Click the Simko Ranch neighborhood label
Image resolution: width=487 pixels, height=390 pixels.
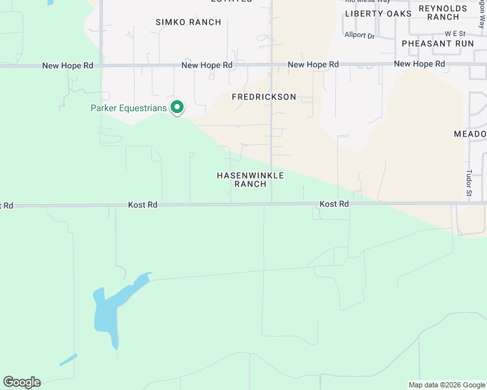pos(188,22)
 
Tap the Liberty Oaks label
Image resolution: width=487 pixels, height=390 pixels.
pos(378,14)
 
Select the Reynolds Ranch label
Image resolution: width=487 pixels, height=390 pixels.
pos(443,12)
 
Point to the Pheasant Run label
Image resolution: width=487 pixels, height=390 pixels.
pos(438,43)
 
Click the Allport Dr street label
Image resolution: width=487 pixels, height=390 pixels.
pos(360,36)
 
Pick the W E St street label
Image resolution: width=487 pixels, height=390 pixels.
pos(455,33)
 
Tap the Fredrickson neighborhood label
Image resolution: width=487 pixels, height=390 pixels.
pos(264,97)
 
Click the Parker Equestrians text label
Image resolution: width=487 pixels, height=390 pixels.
pos(128,108)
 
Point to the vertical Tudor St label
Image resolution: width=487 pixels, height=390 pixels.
pos(468,183)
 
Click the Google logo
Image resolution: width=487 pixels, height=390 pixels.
pos(21,382)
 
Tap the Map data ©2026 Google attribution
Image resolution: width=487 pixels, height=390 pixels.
pos(446,385)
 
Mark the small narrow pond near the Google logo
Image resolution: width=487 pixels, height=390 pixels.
pos(68,359)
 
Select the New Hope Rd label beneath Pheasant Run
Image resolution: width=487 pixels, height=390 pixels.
pos(419,64)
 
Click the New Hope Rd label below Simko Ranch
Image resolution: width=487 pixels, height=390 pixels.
pos(207,65)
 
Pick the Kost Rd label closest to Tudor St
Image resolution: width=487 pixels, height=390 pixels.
pos(335,204)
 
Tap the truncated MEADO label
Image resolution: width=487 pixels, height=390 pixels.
pos(470,134)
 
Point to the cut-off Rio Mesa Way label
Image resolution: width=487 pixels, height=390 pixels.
pos(365,2)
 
